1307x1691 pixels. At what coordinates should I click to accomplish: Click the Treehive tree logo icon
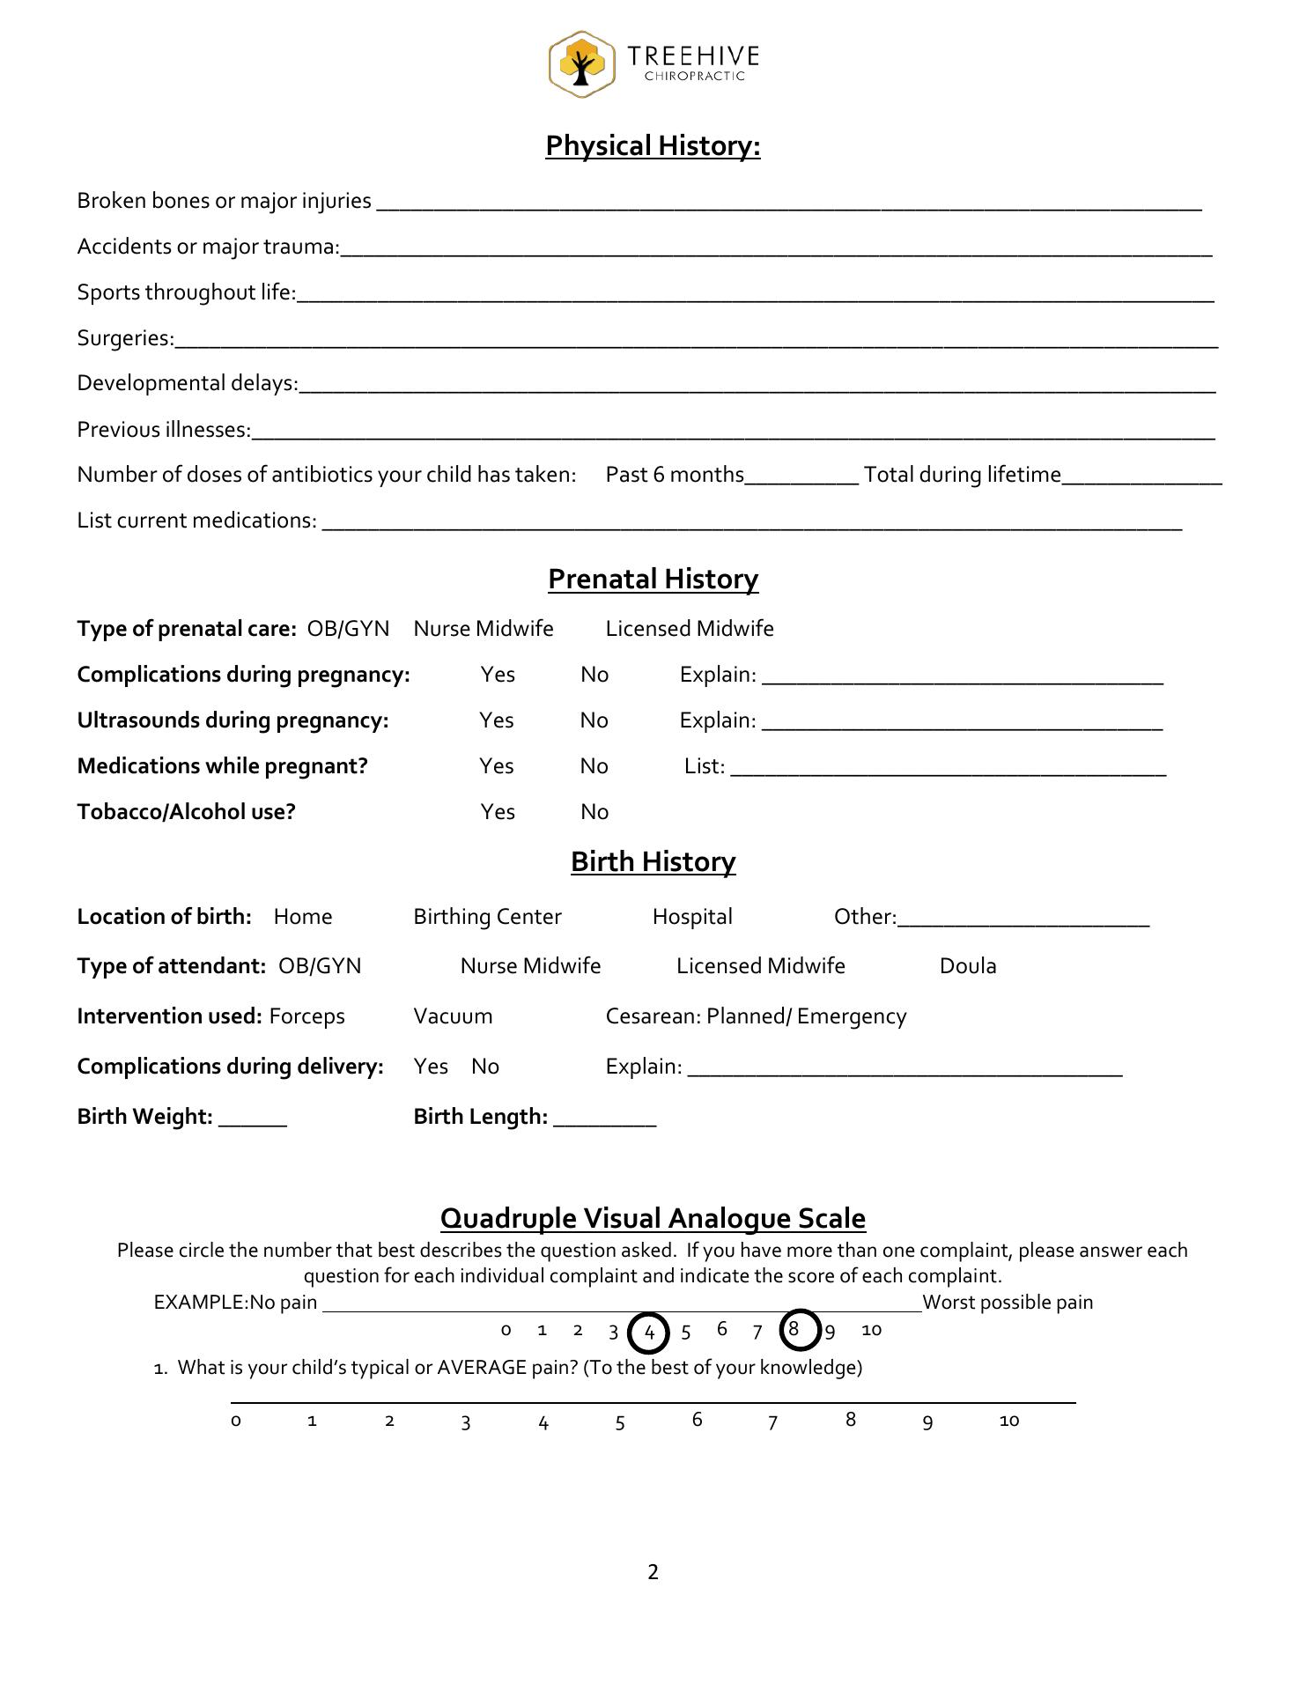point(580,64)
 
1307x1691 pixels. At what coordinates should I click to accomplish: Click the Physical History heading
point(653,146)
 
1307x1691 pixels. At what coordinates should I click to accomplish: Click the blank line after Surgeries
point(696,340)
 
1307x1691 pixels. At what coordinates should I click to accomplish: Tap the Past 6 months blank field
point(801,476)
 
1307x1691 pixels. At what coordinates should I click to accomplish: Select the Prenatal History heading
point(653,580)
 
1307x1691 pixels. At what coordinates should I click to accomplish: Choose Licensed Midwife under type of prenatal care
point(690,629)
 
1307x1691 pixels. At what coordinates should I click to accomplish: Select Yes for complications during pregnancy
point(498,675)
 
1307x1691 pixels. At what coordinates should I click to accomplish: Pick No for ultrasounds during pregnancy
point(594,720)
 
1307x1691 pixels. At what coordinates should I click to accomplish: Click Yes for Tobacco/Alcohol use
point(498,812)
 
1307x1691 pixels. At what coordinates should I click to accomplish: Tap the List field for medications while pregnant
point(948,768)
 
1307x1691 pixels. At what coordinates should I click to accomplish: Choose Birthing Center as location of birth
point(487,917)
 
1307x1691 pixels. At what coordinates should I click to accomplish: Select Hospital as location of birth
point(692,917)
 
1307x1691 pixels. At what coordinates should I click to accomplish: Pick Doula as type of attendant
point(968,966)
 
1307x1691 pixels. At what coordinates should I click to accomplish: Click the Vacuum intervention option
point(453,1016)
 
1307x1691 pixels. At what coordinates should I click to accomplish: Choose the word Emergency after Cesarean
point(852,1016)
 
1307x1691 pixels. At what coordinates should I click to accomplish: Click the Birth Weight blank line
point(253,1119)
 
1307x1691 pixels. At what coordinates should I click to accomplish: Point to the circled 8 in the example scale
point(795,1329)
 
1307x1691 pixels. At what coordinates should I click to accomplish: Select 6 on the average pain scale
point(697,1419)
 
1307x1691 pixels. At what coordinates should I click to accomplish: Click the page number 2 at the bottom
point(653,1572)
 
